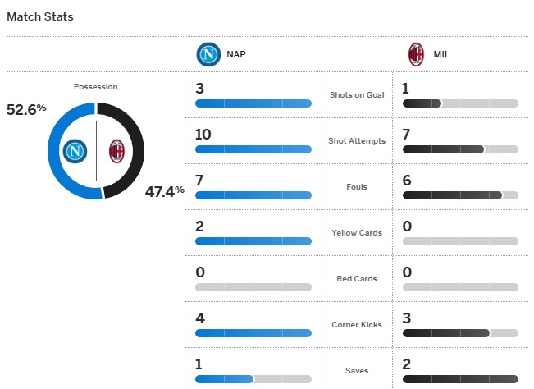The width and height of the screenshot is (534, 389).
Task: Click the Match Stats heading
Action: [x=39, y=16]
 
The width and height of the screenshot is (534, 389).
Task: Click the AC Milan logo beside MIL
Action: [x=417, y=55]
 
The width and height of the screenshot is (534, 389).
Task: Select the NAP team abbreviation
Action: [x=236, y=55]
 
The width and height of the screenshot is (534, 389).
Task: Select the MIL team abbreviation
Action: [x=441, y=55]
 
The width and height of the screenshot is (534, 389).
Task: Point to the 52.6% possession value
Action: [x=26, y=108]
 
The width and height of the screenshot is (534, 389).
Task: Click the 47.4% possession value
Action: [x=165, y=191]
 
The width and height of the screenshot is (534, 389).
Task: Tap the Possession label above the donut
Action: [x=95, y=86]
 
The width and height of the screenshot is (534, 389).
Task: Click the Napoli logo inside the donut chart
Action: [x=75, y=151]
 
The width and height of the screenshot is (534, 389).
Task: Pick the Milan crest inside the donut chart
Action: [x=116, y=151]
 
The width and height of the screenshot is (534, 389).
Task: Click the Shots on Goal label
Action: [x=357, y=95]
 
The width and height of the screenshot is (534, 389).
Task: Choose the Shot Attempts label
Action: [x=357, y=141]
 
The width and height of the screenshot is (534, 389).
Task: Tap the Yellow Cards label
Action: [x=357, y=233]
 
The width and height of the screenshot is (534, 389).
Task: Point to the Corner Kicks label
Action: [x=357, y=325]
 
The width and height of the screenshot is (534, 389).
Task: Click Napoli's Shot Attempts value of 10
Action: [x=203, y=134]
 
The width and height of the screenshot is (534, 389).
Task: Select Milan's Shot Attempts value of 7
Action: [x=408, y=134]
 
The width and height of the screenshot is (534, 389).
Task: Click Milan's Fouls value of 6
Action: [x=408, y=180]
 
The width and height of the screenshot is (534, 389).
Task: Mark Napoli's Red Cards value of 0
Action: [x=200, y=272]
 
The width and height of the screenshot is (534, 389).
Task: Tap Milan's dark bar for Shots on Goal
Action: [x=422, y=103]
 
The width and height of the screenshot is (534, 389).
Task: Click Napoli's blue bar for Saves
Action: [x=225, y=379]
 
